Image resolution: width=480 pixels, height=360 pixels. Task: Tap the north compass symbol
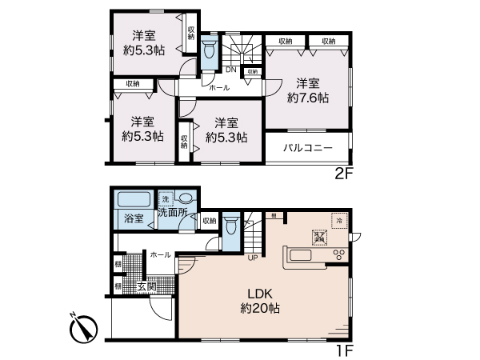[84, 329]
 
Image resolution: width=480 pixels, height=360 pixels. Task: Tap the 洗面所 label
[171, 213]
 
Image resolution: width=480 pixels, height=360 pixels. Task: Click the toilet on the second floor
[209, 50]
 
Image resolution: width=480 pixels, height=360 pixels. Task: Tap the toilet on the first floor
[230, 226]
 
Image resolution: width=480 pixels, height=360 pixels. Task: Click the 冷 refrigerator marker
[339, 220]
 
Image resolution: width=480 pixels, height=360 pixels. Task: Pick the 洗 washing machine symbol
[166, 198]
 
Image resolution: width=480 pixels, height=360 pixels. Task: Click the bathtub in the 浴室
[133, 201]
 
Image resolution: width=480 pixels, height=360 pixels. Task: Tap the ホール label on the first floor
[158, 254]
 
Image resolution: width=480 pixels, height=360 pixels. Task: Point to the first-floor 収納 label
[209, 220]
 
